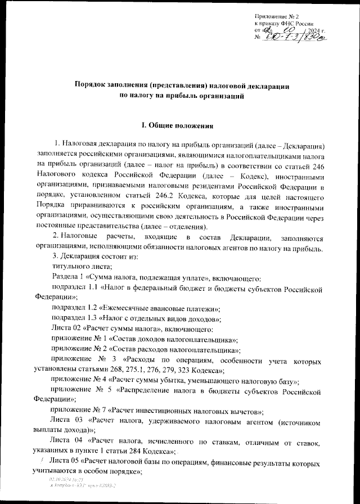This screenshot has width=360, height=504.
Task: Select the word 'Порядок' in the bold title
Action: [92, 85]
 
